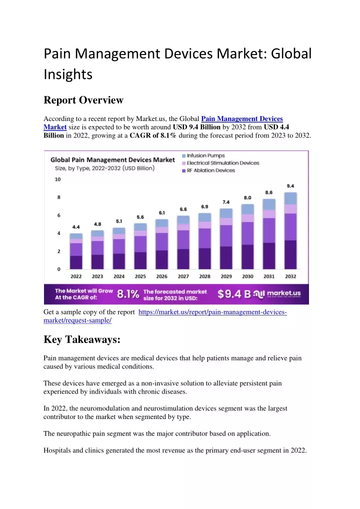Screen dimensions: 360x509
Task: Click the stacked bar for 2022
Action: (x=76, y=251)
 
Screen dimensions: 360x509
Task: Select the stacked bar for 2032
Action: (x=290, y=231)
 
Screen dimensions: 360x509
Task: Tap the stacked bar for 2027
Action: (x=183, y=242)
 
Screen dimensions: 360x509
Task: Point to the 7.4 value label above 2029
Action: (x=226, y=202)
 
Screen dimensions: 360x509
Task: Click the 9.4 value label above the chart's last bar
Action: (x=290, y=186)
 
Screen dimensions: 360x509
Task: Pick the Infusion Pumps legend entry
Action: (x=203, y=156)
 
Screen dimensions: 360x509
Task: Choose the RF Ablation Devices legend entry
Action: (x=208, y=170)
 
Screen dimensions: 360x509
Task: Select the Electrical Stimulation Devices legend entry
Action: (x=220, y=163)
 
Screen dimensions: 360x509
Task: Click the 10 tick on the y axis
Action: (x=58, y=179)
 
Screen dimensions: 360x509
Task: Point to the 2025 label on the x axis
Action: (x=140, y=276)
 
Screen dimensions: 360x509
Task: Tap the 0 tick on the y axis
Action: (x=59, y=269)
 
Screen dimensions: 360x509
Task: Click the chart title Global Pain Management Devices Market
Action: (x=112, y=159)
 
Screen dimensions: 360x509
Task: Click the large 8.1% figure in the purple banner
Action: (x=128, y=294)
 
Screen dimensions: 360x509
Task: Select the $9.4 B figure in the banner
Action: (x=234, y=294)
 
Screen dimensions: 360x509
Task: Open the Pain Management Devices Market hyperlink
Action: (x=163, y=122)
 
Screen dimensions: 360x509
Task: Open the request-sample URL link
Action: (x=165, y=316)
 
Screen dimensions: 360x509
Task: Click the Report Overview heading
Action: (x=83, y=100)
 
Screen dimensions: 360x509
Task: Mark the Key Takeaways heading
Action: (x=82, y=339)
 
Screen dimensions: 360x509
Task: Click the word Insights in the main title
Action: (x=68, y=74)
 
